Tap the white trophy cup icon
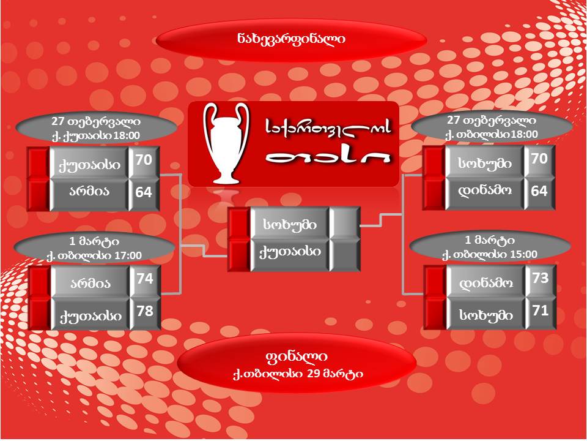[226, 143]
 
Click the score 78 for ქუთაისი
[145, 311]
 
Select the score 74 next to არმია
[145, 279]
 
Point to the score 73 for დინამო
[540, 279]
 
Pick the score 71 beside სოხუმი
[540, 311]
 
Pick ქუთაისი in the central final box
[289, 252]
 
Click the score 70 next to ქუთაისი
[144, 160]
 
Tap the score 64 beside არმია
[144, 192]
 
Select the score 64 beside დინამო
[539, 191]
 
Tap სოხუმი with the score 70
[484, 164]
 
